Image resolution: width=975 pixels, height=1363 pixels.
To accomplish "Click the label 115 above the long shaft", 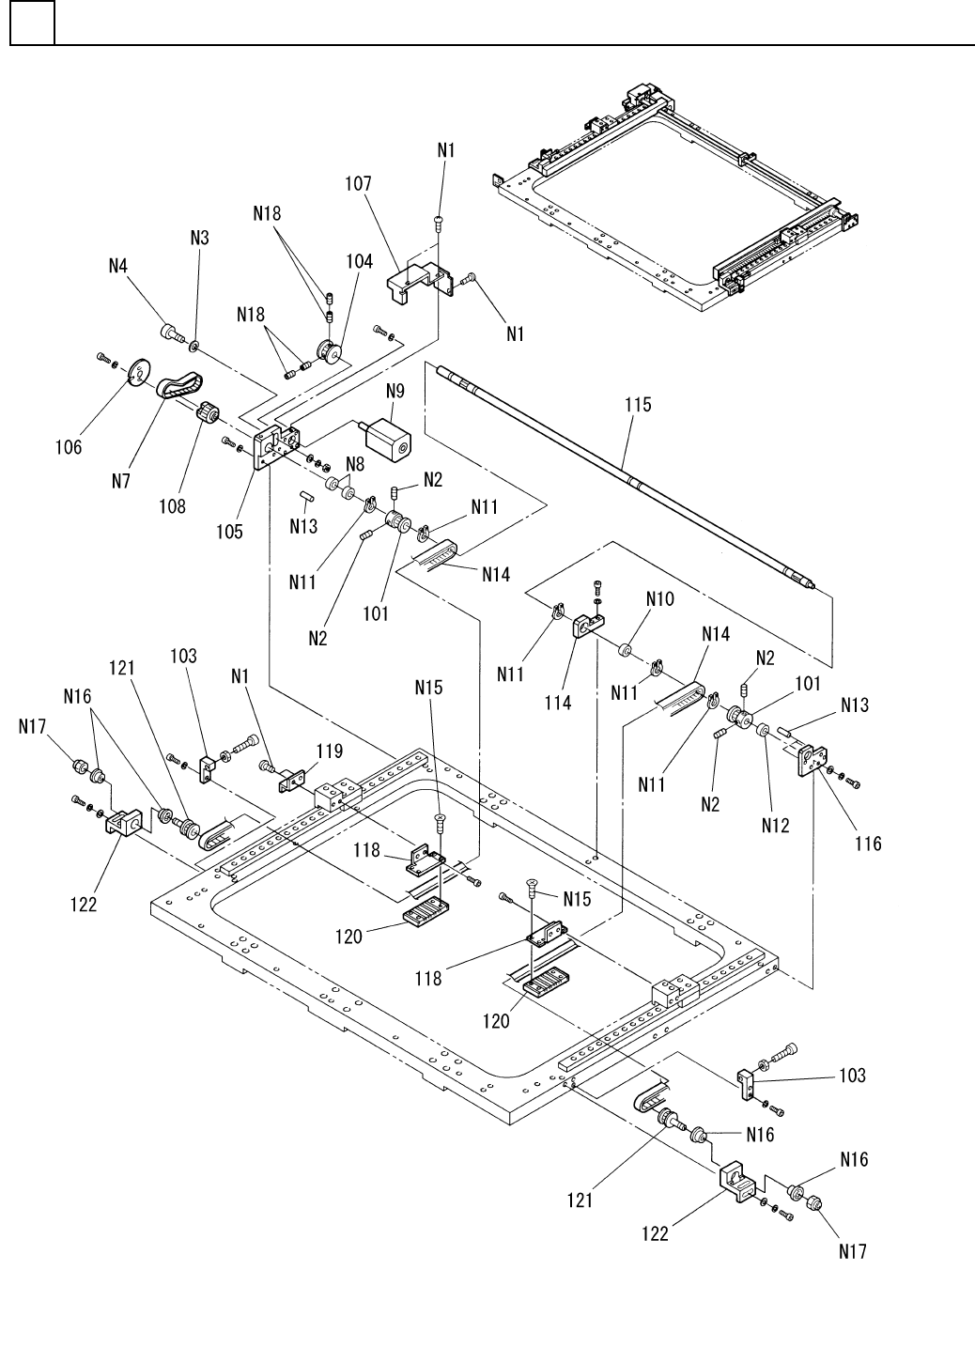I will pyautogui.click(x=638, y=405).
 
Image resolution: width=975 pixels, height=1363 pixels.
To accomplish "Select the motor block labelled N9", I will pyautogui.click(x=387, y=440).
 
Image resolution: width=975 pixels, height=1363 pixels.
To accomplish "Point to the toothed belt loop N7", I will pyautogui.click(x=179, y=385).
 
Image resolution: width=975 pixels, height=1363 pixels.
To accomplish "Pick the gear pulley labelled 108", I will pyautogui.click(x=208, y=412).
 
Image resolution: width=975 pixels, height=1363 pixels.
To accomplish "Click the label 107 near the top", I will pyautogui.click(x=358, y=184).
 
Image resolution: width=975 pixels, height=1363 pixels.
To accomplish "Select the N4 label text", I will pyautogui.click(x=118, y=266).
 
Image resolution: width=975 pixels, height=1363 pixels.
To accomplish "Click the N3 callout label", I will pyautogui.click(x=199, y=238).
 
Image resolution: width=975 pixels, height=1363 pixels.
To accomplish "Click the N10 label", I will pyautogui.click(x=659, y=597).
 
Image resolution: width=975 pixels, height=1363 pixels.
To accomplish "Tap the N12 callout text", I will pyautogui.click(x=776, y=826).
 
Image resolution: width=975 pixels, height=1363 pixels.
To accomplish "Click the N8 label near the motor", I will pyautogui.click(x=355, y=462).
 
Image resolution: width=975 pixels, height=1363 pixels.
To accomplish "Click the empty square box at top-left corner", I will pyautogui.click(x=32, y=23).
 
